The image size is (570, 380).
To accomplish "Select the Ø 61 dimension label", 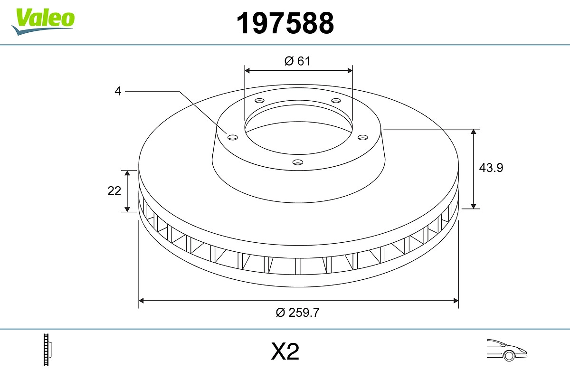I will click(x=297, y=61).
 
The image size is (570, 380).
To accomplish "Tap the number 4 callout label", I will click(x=118, y=91).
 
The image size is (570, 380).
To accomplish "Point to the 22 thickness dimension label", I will click(x=114, y=191).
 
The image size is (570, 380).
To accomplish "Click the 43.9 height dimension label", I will click(x=491, y=168).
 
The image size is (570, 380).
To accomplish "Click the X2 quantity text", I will click(x=285, y=352).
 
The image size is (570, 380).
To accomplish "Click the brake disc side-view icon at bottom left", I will click(x=47, y=350).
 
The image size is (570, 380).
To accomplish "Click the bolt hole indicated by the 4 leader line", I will click(x=232, y=137).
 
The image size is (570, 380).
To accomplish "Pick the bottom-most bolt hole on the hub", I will click(x=297, y=162).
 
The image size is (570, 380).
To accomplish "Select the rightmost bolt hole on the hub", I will click(x=363, y=137).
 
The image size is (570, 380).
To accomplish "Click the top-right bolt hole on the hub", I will click(x=336, y=101).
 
